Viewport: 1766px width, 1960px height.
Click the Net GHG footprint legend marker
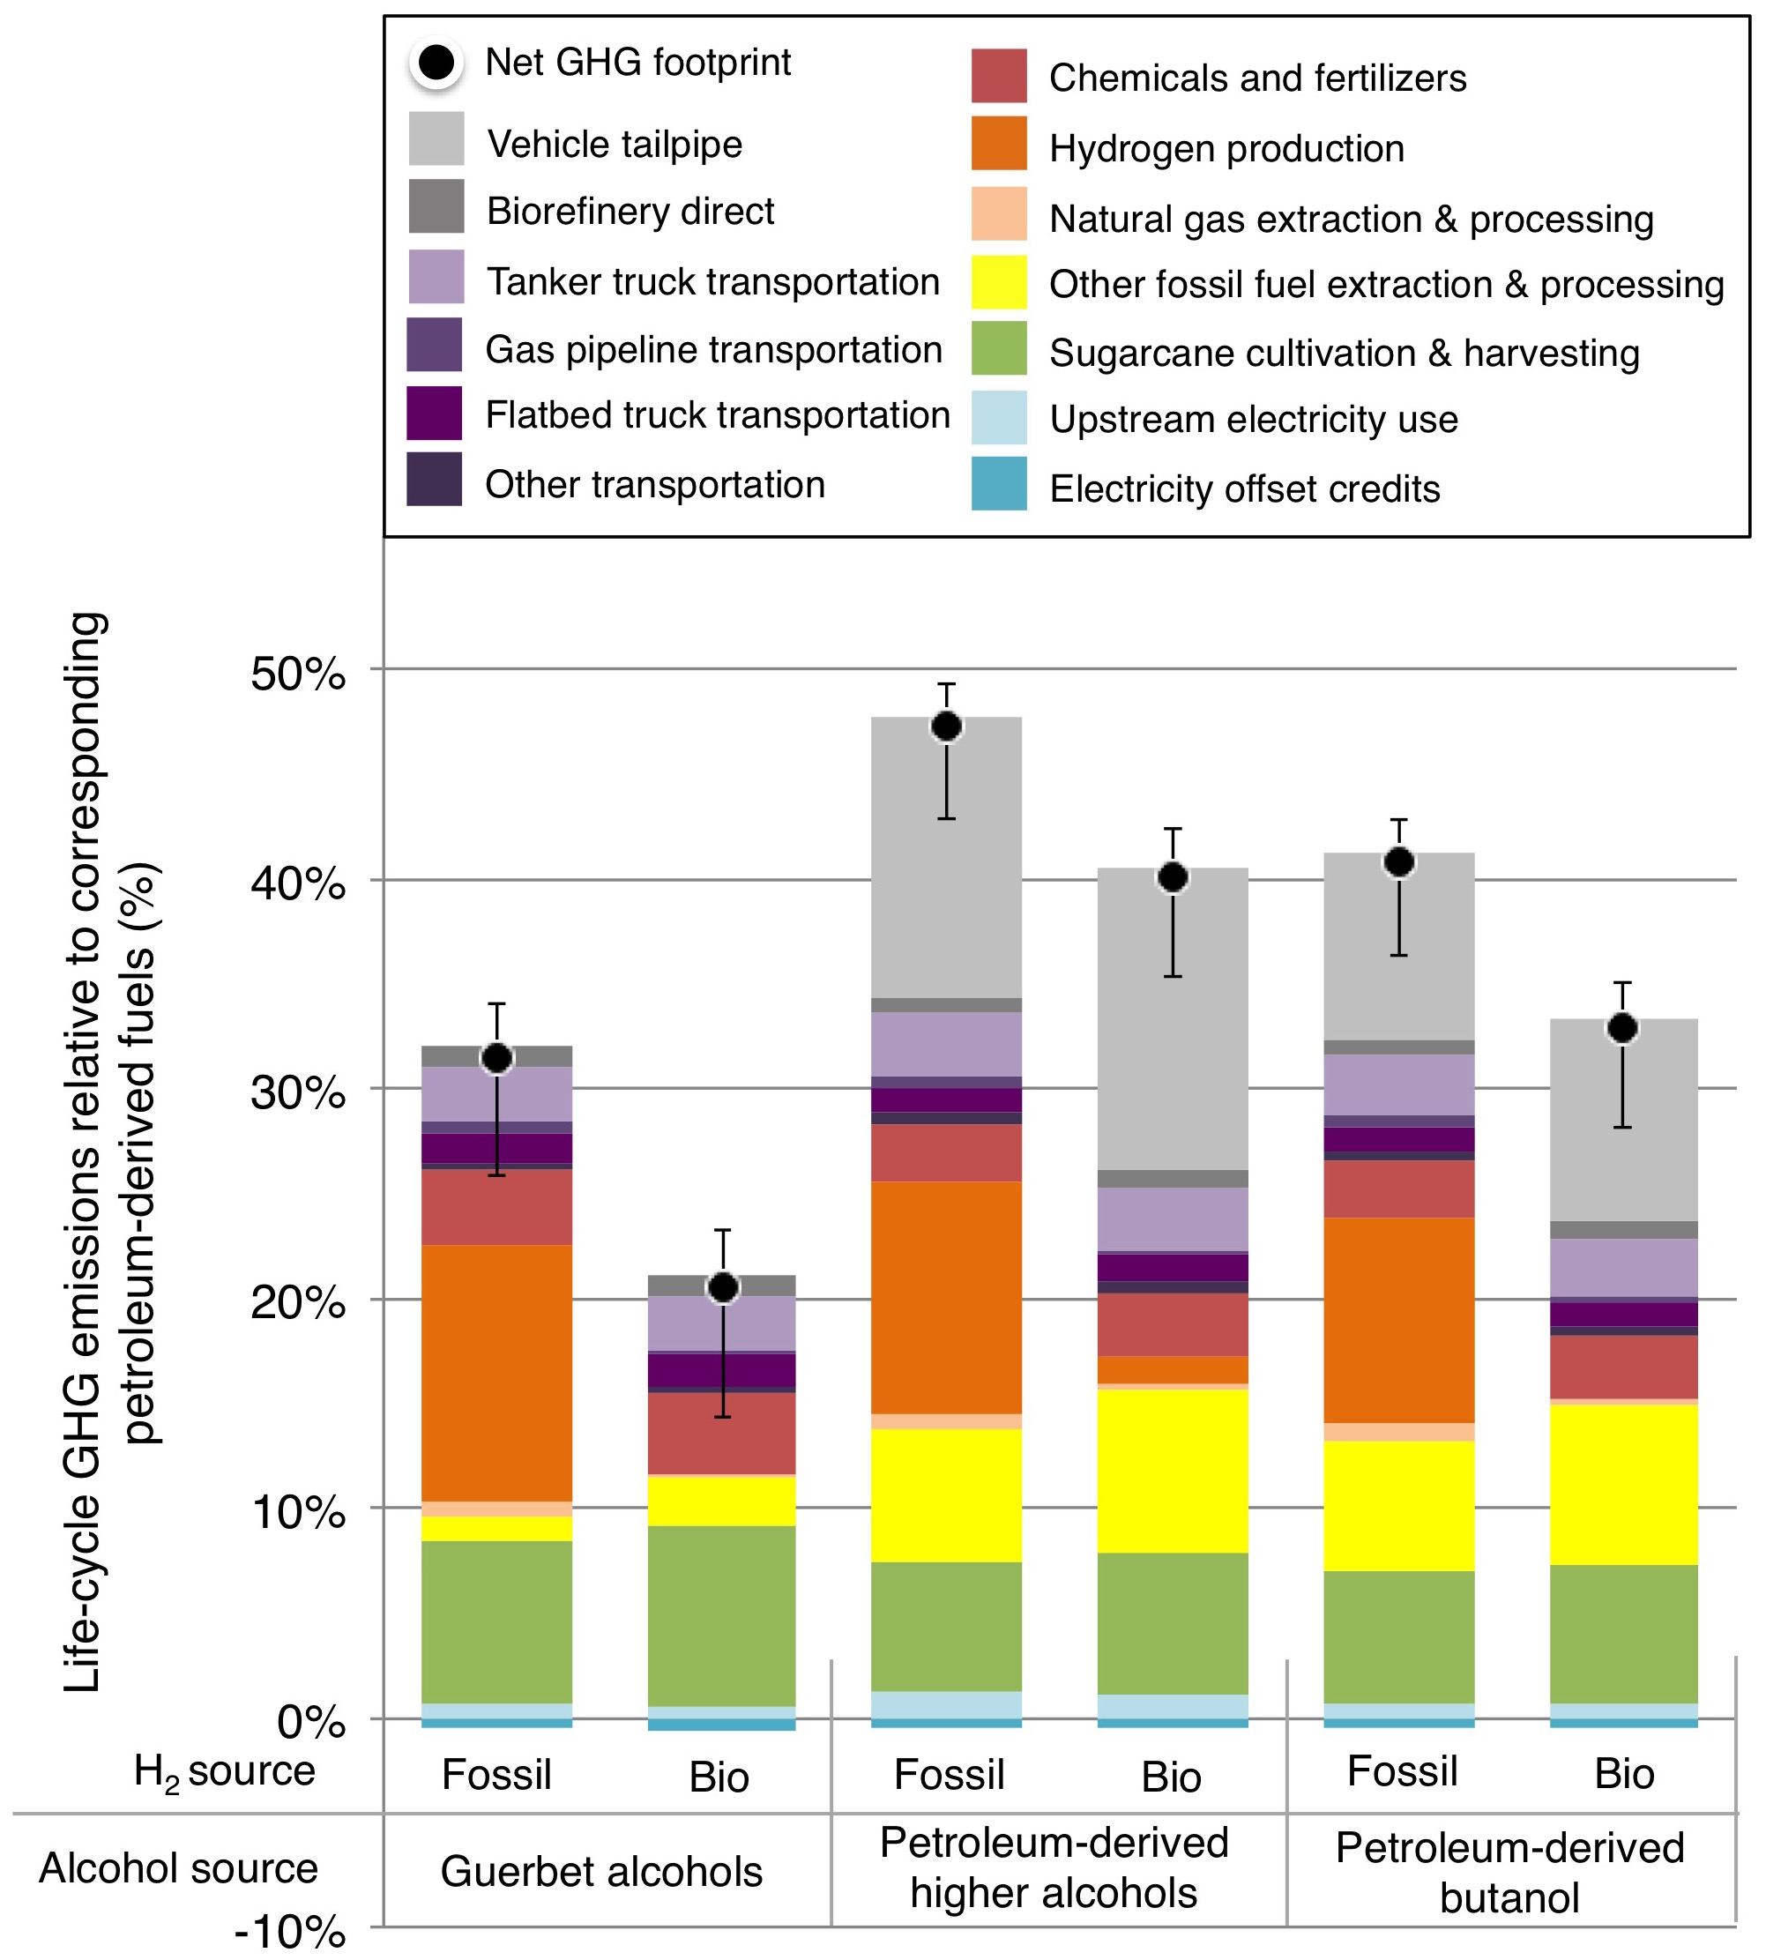tap(436, 64)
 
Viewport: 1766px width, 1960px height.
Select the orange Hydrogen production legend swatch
tap(998, 144)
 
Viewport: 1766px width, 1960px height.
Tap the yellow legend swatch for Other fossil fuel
tap(998, 282)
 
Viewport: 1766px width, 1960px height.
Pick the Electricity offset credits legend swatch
tap(998, 483)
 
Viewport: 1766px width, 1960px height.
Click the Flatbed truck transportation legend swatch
tap(434, 414)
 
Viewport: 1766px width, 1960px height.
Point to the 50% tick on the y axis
tap(298, 674)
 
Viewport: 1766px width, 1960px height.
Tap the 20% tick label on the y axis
tap(298, 1302)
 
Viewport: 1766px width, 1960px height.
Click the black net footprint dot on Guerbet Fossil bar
tap(496, 1058)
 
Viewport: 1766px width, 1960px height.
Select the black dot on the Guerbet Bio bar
tap(723, 1287)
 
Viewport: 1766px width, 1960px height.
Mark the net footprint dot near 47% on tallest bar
tap(946, 726)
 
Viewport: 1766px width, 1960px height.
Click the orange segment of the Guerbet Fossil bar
tap(496, 1373)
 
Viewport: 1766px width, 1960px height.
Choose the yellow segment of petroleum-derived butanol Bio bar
tap(1623, 1485)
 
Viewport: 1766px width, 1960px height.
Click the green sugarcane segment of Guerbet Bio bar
tap(722, 1615)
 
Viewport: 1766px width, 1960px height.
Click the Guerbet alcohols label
tap(601, 1871)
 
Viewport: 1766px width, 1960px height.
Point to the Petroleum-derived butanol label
tap(1509, 1873)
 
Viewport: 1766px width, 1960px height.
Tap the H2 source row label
tap(224, 1772)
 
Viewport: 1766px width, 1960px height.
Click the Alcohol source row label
tap(179, 1867)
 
